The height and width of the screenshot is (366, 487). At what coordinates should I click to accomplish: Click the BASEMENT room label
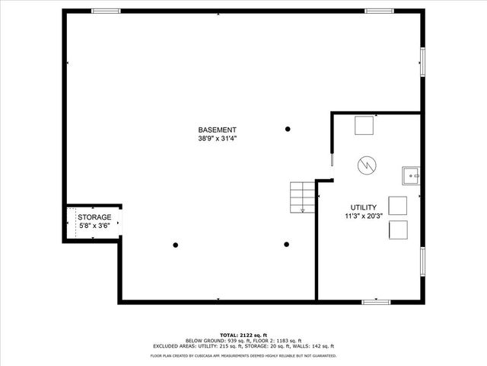tap(218, 130)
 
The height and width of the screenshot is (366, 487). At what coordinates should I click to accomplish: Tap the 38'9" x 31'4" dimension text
tap(218, 138)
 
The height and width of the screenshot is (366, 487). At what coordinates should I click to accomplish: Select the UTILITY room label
tap(364, 207)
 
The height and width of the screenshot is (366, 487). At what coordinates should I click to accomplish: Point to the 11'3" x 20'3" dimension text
tap(364, 216)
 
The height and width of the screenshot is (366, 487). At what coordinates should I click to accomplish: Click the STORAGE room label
tap(94, 217)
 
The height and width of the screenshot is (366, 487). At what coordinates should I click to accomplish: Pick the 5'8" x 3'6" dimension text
tap(94, 226)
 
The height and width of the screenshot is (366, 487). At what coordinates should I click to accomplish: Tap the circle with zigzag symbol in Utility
tap(367, 164)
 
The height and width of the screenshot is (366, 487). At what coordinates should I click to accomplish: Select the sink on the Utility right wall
tap(412, 175)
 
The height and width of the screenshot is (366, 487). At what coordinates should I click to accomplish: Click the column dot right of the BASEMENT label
tap(288, 128)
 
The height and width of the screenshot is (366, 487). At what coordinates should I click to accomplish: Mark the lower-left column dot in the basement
tap(176, 245)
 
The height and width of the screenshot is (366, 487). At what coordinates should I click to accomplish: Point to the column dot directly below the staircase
tap(287, 245)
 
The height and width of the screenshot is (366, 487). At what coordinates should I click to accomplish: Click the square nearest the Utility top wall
tap(364, 124)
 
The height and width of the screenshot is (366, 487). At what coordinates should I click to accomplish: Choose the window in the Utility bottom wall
tap(376, 302)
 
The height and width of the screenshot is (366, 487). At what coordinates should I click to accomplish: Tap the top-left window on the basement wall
tap(107, 11)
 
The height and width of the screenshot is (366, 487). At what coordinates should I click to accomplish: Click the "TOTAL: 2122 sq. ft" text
tap(243, 335)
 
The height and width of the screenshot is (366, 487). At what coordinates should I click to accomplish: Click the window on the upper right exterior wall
tap(422, 60)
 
